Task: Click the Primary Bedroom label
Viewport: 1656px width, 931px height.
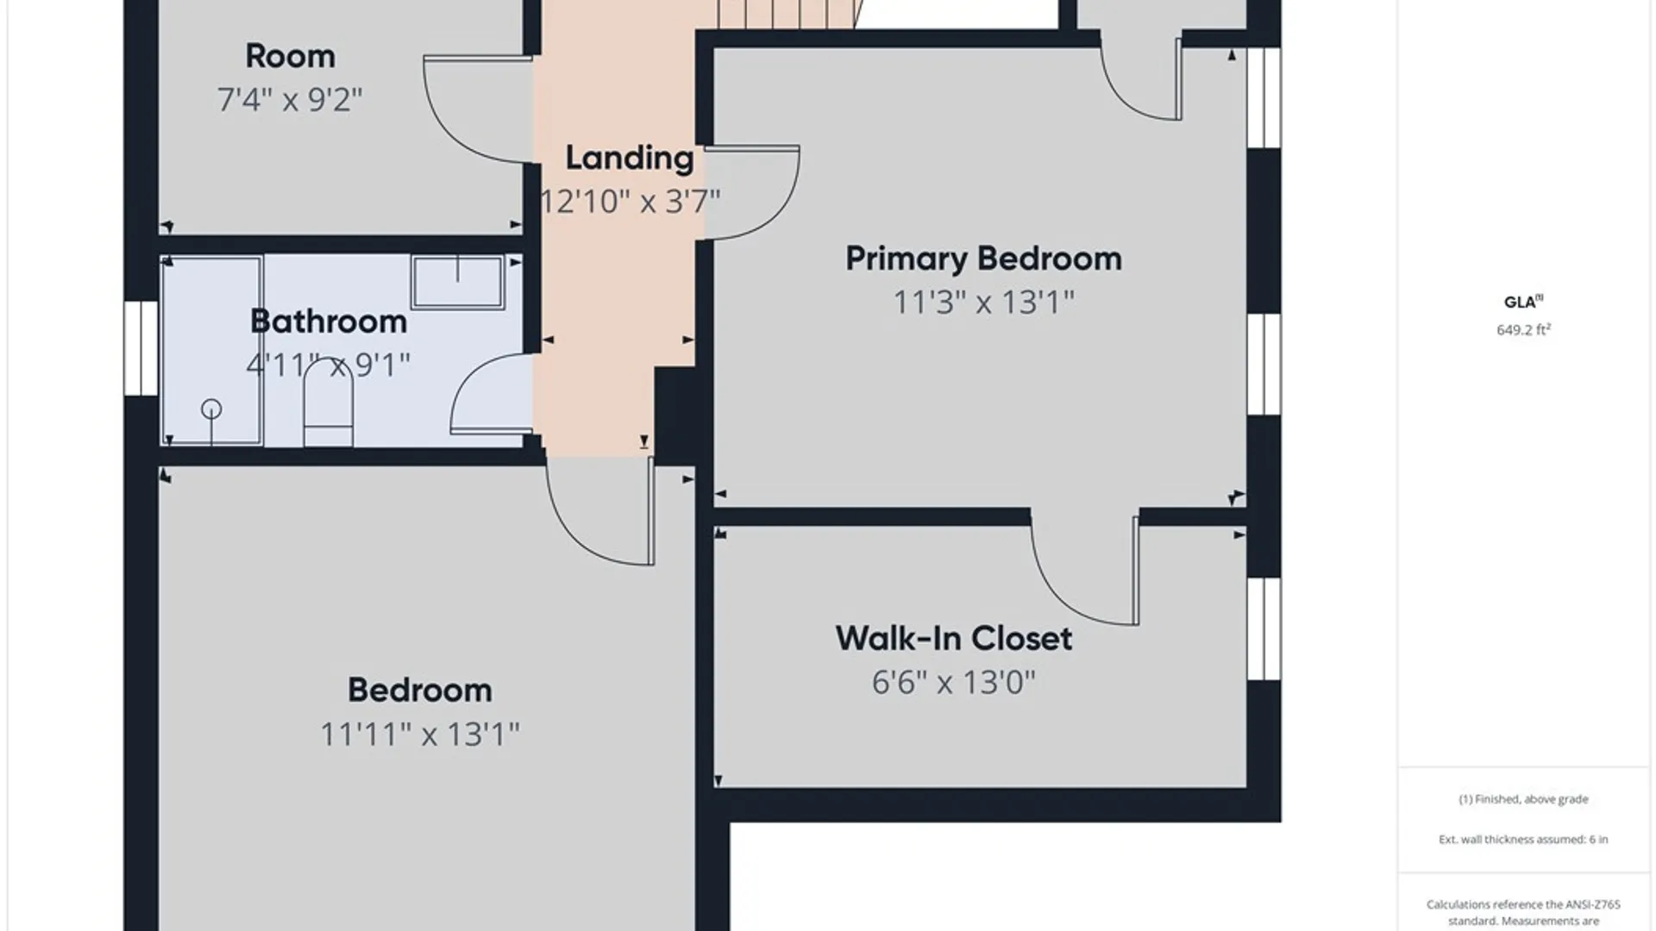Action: pyautogui.click(x=983, y=259)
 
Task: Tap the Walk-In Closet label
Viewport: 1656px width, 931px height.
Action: pyautogui.click(x=954, y=639)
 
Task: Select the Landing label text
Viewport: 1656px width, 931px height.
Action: pyautogui.click(x=630, y=159)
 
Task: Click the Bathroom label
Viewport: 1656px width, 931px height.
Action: pyautogui.click(x=329, y=322)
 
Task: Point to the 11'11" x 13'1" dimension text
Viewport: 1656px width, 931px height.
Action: pyautogui.click(x=420, y=734)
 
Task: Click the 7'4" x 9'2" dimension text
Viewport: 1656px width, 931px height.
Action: pyautogui.click(x=290, y=100)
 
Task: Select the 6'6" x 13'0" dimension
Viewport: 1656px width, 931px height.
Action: pyautogui.click(x=953, y=683)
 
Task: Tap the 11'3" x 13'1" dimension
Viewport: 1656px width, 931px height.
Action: pyautogui.click(x=983, y=303)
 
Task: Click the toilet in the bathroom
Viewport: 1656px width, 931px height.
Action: pyautogui.click(x=329, y=403)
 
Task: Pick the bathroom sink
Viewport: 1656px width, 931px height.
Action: pyautogui.click(x=457, y=281)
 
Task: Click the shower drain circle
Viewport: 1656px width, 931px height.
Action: pyautogui.click(x=211, y=409)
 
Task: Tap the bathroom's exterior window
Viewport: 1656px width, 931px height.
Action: pyautogui.click(x=141, y=348)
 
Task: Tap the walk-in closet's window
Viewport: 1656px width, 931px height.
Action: pyautogui.click(x=1264, y=628)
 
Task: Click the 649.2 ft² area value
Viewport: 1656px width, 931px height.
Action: pyautogui.click(x=1523, y=329)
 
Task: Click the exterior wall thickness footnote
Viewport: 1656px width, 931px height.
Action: pyautogui.click(x=1523, y=839)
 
